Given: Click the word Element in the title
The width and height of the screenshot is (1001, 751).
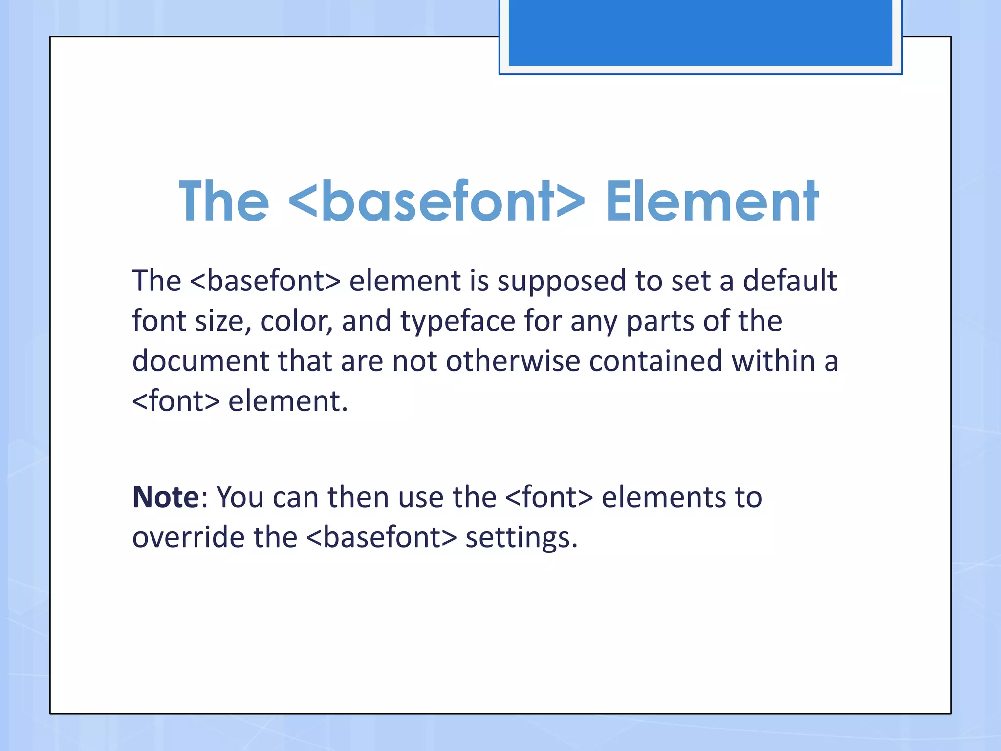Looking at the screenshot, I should coord(712,201).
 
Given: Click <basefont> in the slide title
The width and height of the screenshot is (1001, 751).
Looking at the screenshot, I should coord(436,201).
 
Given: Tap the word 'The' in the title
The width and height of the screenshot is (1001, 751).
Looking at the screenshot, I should coord(223,201).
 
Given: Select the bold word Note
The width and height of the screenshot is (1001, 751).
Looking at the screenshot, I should coord(166,497).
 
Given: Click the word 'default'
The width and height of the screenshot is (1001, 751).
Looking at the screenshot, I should coord(790,281).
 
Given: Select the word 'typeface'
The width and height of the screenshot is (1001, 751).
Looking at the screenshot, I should coord(457,322).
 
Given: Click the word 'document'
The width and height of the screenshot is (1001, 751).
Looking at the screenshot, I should coord(201,361).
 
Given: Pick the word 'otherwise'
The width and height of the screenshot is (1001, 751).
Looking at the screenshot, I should coord(513,361).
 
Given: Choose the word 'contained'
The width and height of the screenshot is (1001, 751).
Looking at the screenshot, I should coord(655,361).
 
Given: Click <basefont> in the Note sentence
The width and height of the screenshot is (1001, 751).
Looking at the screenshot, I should coord(381,537).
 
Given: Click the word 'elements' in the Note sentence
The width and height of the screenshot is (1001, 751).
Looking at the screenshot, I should coord(664,497).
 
